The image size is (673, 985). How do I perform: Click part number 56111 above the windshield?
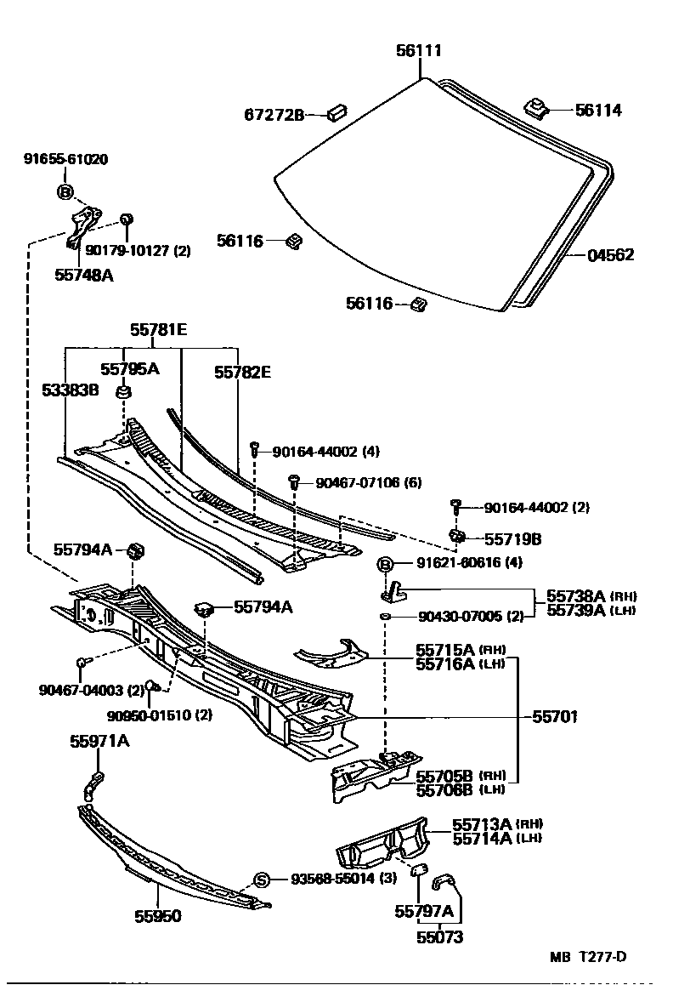click(418, 51)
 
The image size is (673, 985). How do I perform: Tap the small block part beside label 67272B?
click(336, 112)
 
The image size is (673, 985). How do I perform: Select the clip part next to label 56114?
click(536, 107)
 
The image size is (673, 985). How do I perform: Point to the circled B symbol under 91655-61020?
click(65, 191)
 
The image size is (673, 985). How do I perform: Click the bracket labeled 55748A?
click(82, 227)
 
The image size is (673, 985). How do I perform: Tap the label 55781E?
click(158, 329)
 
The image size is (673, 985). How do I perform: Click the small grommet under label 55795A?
click(124, 391)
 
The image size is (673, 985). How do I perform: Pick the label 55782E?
click(242, 372)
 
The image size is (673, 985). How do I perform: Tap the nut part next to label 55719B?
click(455, 536)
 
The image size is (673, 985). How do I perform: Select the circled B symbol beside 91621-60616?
click(385, 564)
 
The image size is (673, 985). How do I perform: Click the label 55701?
click(555, 717)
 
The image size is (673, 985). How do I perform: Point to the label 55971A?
click(99, 742)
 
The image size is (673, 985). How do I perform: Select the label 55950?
click(157, 916)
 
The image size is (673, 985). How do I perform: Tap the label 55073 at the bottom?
click(440, 938)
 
